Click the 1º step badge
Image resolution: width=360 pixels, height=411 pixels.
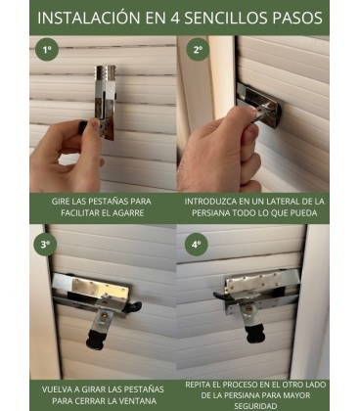(45, 49)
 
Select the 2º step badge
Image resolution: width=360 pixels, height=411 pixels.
(198, 49)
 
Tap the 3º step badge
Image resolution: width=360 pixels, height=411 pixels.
(45, 243)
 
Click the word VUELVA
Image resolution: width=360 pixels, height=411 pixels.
(58, 388)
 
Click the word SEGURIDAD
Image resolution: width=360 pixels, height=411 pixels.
(252, 406)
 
